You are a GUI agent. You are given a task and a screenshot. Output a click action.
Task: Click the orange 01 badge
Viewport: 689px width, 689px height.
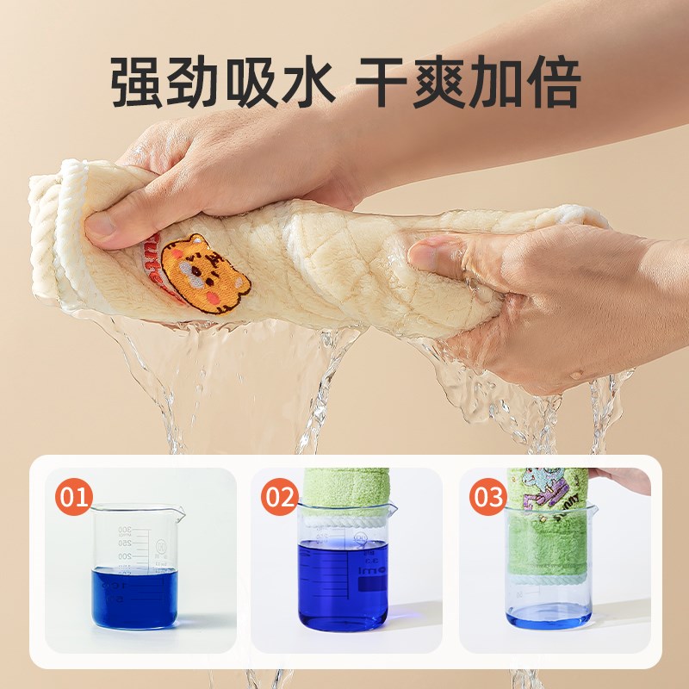pos(74,498)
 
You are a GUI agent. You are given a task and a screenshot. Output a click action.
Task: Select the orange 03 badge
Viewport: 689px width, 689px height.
pos(487,498)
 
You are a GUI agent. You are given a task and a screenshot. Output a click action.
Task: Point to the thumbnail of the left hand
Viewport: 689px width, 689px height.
pos(102,227)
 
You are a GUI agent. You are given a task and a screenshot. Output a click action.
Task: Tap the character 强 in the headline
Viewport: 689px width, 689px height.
pos(139,84)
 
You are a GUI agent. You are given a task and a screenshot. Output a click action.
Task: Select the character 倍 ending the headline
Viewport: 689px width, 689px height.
pos(552,84)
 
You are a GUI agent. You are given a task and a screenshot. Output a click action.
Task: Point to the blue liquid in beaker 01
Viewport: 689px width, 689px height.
pos(134,598)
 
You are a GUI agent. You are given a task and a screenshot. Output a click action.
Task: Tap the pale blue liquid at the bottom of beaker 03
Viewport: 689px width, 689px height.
pos(549,615)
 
